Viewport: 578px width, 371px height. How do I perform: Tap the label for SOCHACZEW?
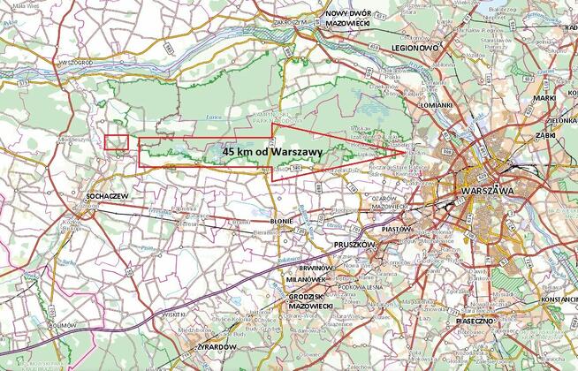pos(103,195)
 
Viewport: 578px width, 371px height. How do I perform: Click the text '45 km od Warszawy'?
pos(271,152)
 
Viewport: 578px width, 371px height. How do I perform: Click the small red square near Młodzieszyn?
pos(117,141)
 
